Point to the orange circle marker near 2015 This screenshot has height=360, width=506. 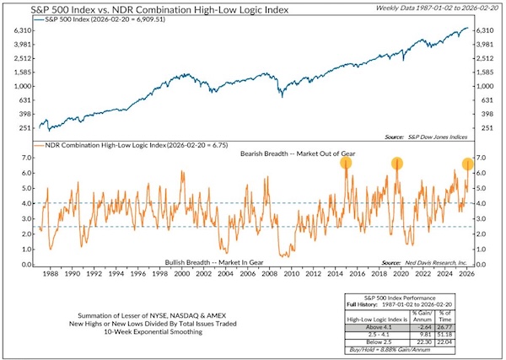[346, 163]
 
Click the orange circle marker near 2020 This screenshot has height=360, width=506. [396, 163]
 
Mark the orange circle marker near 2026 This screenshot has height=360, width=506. [468, 164]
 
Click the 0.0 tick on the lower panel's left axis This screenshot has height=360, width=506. [24, 265]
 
